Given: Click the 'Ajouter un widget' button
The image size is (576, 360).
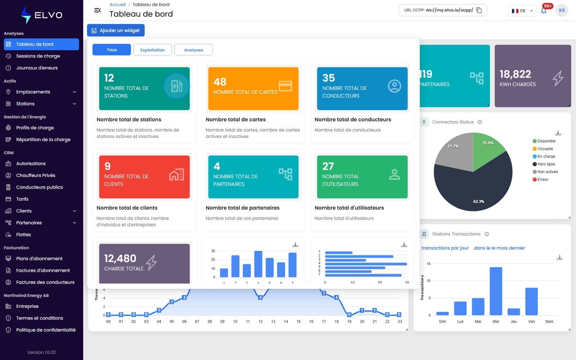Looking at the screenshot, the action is [x=116, y=30].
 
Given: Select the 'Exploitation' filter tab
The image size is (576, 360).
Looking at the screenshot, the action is [x=153, y=50].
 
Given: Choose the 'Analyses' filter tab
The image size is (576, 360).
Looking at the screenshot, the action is [x=193, y=50].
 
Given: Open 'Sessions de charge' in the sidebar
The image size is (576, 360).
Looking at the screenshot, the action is [x=38, y=56].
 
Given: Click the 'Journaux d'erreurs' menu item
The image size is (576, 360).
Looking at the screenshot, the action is [x=37, y=68].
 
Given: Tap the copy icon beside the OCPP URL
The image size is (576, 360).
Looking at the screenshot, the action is [x=479, y=10].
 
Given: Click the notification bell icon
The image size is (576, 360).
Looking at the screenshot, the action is [x=544, y=11].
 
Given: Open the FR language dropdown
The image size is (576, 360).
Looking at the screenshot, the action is [x=522, y=11].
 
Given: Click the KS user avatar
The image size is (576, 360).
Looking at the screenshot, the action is [x=562, y=10].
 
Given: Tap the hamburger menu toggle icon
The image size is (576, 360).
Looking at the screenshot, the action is [x=98, y=10].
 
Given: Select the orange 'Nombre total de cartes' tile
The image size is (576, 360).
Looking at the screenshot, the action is [x=253, y=89].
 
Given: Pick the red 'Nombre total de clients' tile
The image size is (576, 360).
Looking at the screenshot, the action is [x=144, y=177].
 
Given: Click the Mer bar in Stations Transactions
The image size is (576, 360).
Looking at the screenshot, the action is [x=496, y=291].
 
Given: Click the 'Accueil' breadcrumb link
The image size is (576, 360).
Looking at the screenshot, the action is [x=117, y=4].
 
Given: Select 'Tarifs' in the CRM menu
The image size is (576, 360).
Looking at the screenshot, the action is [x=22, y=199].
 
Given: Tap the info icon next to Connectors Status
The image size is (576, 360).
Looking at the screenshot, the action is [x=480, y=122].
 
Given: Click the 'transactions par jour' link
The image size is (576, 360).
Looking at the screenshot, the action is [x=445, y=248].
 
